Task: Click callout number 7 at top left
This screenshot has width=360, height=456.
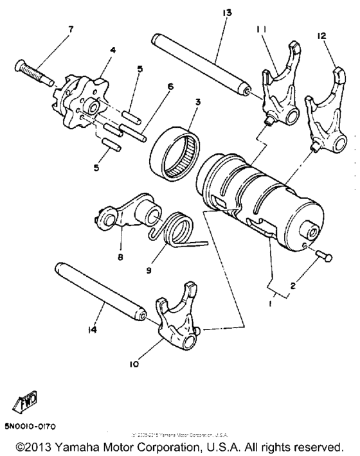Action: (x=71, y=29)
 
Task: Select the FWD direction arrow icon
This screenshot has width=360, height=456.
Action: (x=21, y=403)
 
